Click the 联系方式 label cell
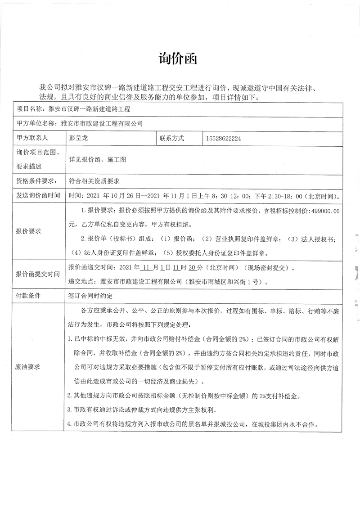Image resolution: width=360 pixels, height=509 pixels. pos(171,139)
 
